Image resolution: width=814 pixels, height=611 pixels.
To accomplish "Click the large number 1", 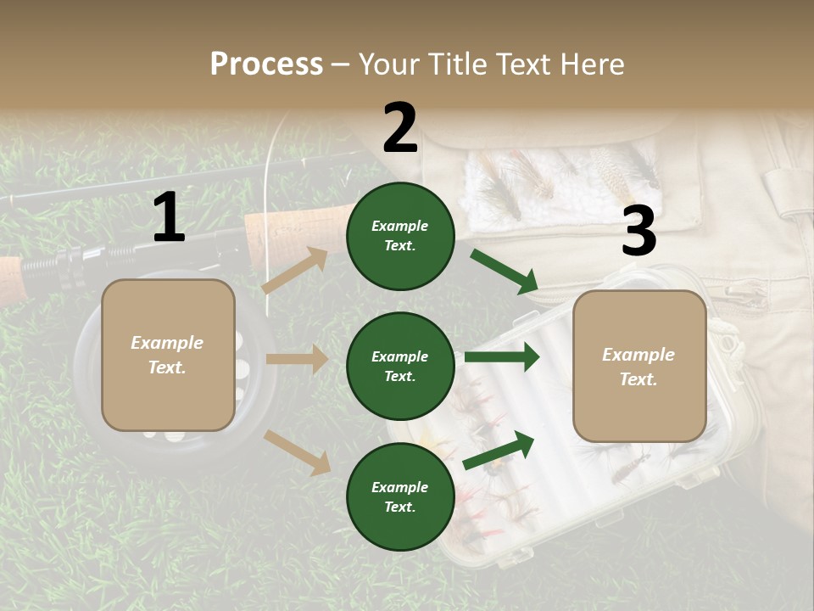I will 170,218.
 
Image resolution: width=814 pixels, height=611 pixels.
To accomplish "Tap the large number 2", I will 400,129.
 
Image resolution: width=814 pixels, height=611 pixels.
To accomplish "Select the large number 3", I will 639,232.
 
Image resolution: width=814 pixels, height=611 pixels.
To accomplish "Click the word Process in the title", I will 266,64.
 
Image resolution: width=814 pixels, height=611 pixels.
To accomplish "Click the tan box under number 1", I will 168,355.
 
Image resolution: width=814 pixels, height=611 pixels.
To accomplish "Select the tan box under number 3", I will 639,367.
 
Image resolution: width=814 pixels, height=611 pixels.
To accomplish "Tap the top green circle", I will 400,236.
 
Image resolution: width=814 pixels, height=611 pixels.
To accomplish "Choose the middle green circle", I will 400,366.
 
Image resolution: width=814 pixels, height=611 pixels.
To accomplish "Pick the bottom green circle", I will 400,496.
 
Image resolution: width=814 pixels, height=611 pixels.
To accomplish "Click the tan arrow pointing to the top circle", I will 294,271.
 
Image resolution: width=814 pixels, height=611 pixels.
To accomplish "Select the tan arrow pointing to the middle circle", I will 297,359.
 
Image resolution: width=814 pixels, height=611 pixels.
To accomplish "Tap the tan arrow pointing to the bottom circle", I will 297,452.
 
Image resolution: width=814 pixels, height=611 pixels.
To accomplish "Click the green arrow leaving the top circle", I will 504,272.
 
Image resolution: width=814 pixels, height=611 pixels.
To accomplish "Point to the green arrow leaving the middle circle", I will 501,357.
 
